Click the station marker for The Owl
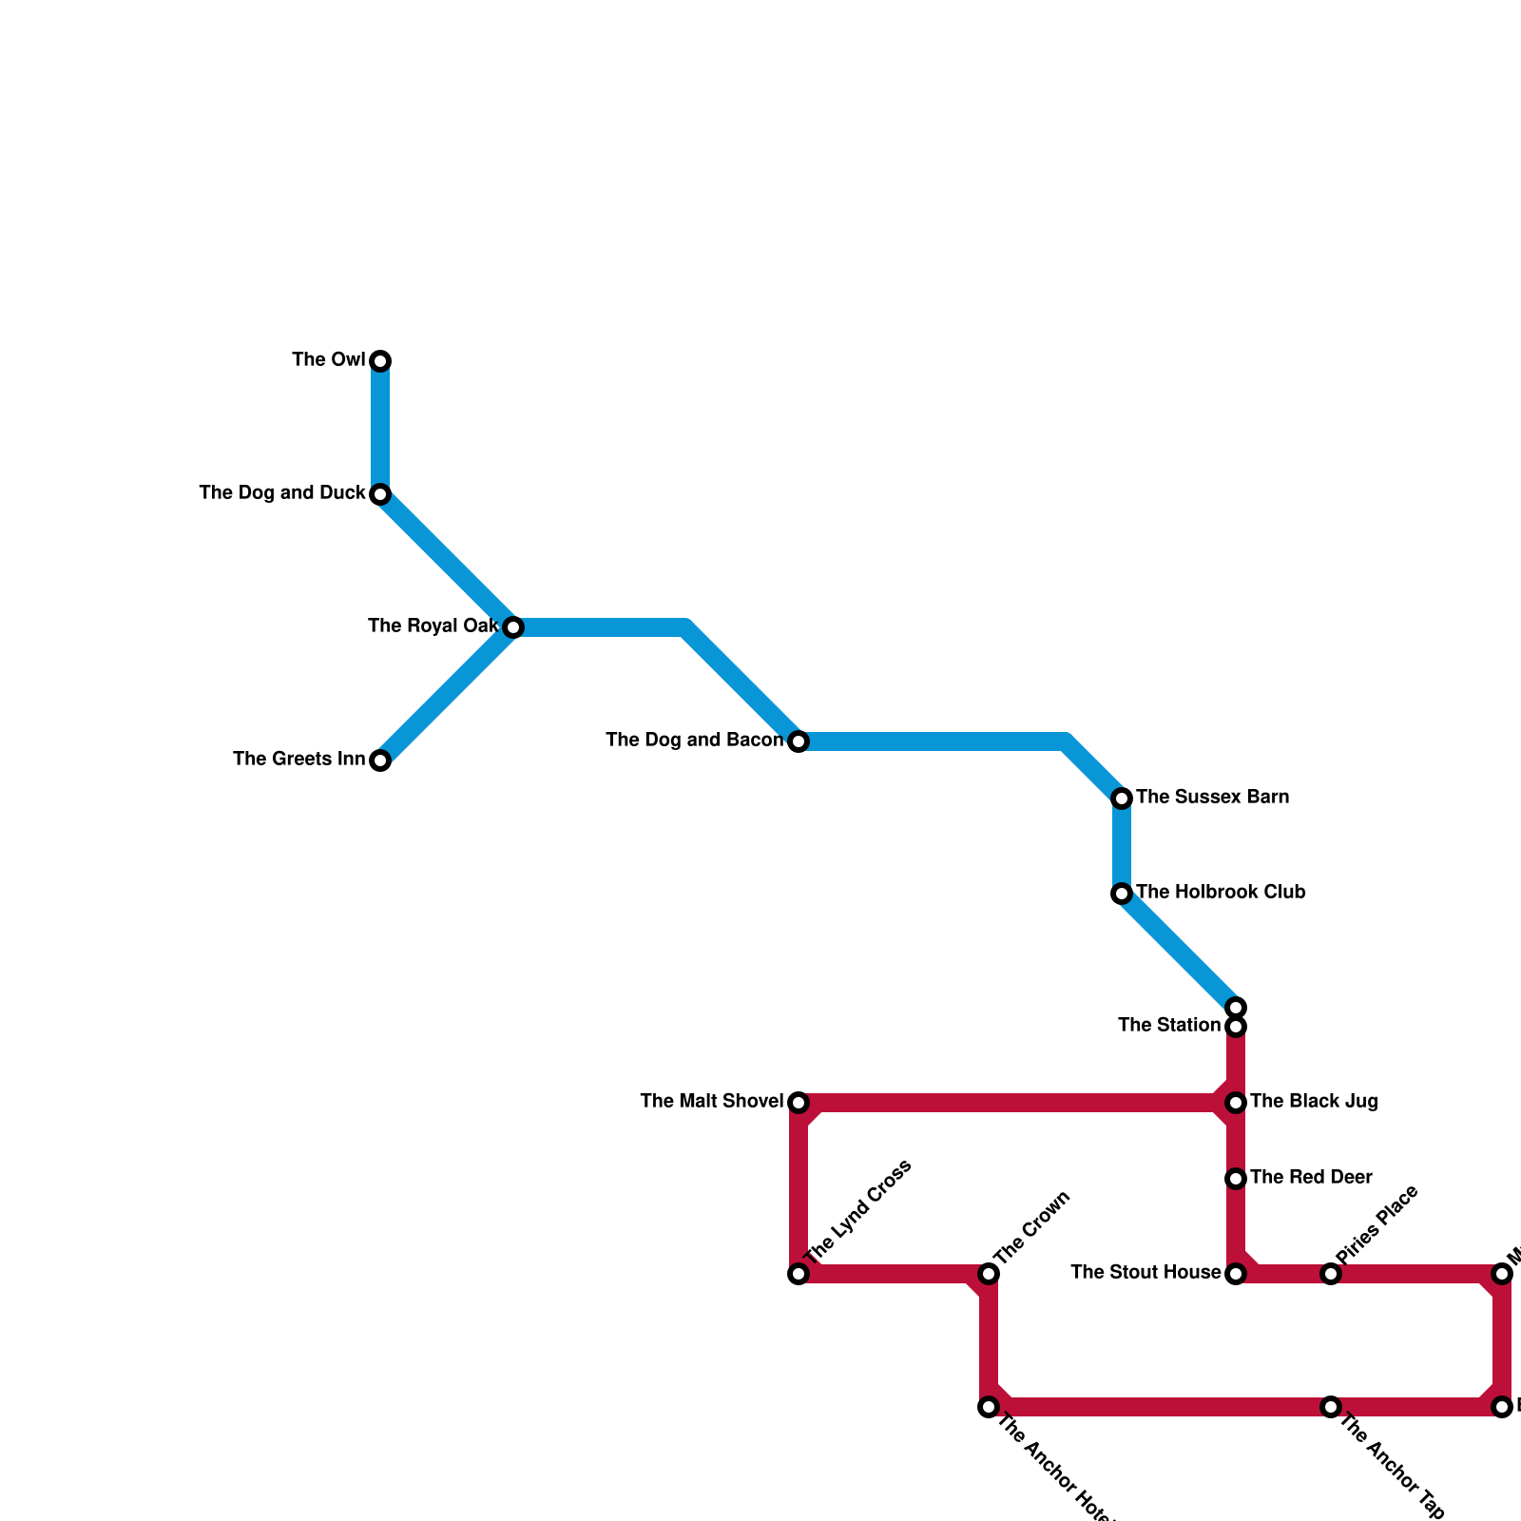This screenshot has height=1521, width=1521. click(x=380, y=361)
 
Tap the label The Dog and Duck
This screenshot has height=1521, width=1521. click(x=282, y=493)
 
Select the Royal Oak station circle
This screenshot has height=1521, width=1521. click(x=513, y=627)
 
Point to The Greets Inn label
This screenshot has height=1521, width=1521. click(x=298, y=760)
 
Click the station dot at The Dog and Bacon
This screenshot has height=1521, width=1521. click(x=799, y=741)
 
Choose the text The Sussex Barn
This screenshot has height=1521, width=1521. click(x=1212, y=798)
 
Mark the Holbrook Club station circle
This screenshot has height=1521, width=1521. click(x=1122, y=894)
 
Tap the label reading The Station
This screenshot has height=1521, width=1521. click(x=1168, y=1026)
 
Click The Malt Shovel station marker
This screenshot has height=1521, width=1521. click(x=799, y=1103)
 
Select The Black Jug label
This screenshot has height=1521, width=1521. click(x=1314, y=1102)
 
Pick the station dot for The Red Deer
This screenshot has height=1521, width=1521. click(x=1236, y=1179)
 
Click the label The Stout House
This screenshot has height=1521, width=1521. click(x=1146, y=1273)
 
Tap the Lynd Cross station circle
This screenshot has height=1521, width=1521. click(x=799, y=1274)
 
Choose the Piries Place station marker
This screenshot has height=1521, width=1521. click(x=1331, y=1274)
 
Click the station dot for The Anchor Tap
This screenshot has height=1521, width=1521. click(x=1331, y=1407)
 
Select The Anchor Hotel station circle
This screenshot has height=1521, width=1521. click(x=989, y=1407)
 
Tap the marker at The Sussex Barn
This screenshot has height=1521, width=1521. click(x=1122, y=799)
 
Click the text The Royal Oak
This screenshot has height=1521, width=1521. click(x=433, y=626)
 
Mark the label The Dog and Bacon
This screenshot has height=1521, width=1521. click(x=694, y=741)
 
